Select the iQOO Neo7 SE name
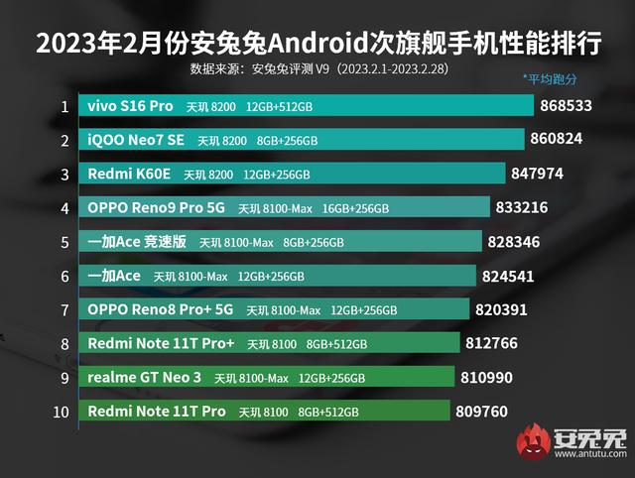point(135,140)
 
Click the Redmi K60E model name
point(129,174)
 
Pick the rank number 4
point(64,208)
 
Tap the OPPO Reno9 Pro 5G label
point(157,208)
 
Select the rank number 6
point(64,276)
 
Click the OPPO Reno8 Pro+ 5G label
point(161,309)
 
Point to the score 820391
point(502,309)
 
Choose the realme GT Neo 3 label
point(145,377)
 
